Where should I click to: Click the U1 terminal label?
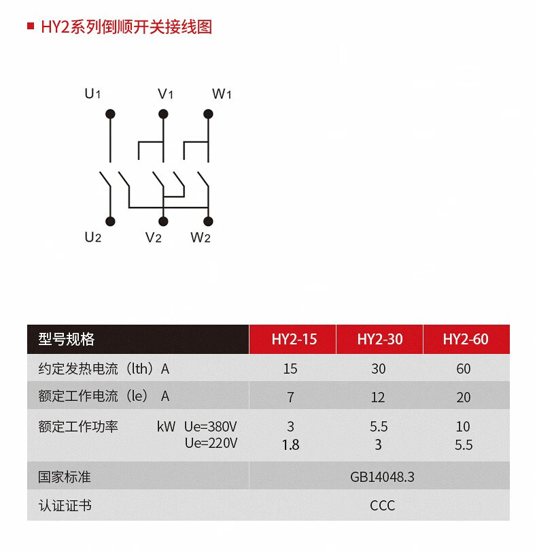pyautogui.click(x=92, y=94)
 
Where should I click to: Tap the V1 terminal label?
pyautogui.click(x=165, y=94)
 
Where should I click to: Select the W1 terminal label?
pyautogui.click(x=222, y=94)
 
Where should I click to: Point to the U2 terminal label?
pyautogui.click(x=92, y=238)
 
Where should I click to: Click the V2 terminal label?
pyautogui.click(x=153, y=238)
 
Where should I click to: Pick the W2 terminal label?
pyautogui.click(x=201, y=238)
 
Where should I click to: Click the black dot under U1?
pyautogui.click(x=110, y=114)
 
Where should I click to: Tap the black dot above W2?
pyautogui.click(x=208, y=221)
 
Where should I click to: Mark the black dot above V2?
pyautogui.click(x=163, y=221)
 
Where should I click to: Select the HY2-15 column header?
pyautogui.click(x=294, y=339)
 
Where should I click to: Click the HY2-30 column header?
pyautogui.click(x=379, y=339)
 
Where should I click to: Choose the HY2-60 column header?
pyautogui.click(x=466, y=339)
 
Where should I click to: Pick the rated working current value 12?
pyautogui.click(x=378, y=397)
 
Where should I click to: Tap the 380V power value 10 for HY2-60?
pyautogui.click(x=463, y=427)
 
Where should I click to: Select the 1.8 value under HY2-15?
pyautogui.click(x=290, y=444)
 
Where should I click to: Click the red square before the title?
pyautogui.click(x=30, y=27)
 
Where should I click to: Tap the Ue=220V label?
pyautogui.click(x=211, y=444)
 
